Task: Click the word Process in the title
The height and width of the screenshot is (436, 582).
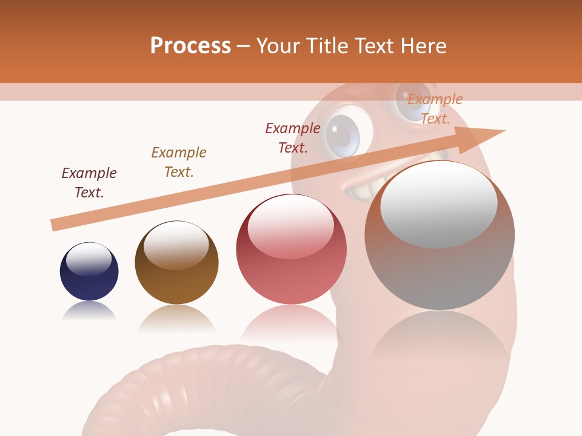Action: (190, 46)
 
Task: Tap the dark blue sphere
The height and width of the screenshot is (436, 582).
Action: (89, 272)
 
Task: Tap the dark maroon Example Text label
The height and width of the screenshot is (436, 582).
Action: (89, 182)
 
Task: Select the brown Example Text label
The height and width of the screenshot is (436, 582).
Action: (178, 162)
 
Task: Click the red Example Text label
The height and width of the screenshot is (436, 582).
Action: (292, 137)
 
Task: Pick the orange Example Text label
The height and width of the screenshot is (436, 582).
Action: (435, 109)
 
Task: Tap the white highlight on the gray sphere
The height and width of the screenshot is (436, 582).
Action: (438, 205)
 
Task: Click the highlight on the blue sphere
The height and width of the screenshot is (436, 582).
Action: (89, 259)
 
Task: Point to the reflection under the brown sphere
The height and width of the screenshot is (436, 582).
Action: (176, 318)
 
